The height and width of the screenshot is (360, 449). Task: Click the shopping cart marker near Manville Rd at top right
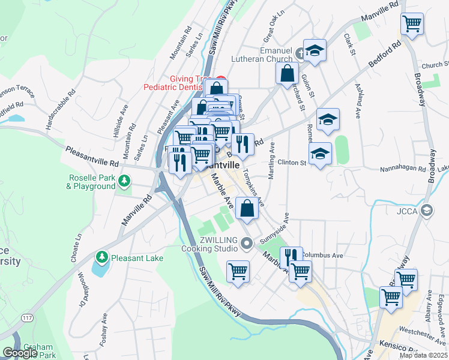click(x=412, y=25)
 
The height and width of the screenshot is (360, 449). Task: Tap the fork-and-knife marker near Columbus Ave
click(x=291, y=257)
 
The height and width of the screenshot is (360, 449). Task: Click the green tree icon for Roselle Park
click(x=124, y=179)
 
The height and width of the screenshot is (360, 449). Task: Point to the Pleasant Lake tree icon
click(x=102, y=257)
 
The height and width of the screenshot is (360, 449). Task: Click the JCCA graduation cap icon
click(x=427, y=210)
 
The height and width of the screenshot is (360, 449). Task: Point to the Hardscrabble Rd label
click(x=61, y=110)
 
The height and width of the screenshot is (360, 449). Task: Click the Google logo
click(x=20, y=353)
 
